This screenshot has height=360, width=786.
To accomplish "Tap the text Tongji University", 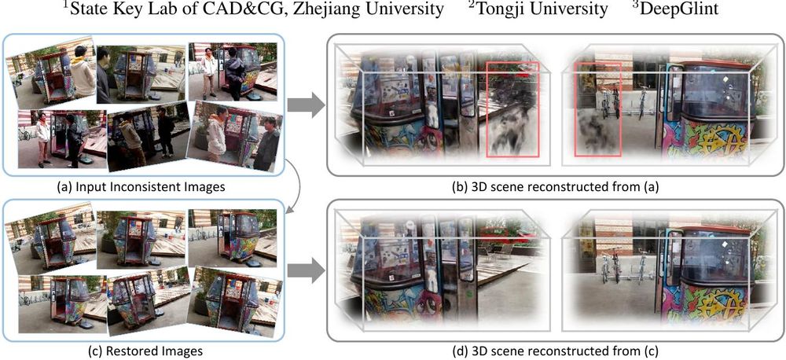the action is (542, 9).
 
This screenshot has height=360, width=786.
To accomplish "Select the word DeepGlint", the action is (679, 9).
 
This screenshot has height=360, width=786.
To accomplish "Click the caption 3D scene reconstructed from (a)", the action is (553, 187).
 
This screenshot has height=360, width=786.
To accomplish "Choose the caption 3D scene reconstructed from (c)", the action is (553, 351).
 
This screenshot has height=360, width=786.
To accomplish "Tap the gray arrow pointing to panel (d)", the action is (305, 271).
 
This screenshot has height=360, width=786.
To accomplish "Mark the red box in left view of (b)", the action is (512, 108).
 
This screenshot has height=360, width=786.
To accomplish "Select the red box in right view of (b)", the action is (597, 109).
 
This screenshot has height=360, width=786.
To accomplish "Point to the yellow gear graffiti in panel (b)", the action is (719, 138).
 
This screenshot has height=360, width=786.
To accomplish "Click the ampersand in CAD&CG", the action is (235, 9).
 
